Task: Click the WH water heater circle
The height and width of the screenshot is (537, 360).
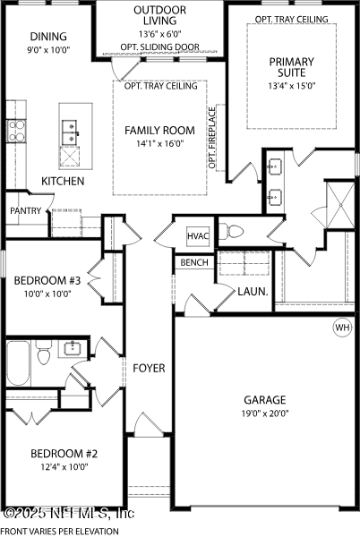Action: [x=342, y=328]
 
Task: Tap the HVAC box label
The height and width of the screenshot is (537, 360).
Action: [x=198, y=236]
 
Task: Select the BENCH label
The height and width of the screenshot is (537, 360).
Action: [x=194, y=262]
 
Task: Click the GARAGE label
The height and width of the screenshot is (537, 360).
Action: [x=265, y=400]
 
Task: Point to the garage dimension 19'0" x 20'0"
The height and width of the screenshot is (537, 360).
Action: [x=265, y=413]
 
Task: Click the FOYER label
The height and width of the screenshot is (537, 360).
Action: [x=149, y=368]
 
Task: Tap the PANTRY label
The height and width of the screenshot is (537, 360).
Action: [x=26, y=210]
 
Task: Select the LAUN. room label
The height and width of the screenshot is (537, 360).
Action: [x=253, y=292]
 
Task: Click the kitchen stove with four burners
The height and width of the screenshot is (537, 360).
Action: [x=16, y=131]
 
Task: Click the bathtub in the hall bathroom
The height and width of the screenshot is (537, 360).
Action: [x=18, y=363]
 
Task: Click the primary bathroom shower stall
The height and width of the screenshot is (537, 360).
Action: [x=340, y=205]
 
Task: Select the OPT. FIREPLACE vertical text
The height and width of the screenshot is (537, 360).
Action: [x=212, y=138]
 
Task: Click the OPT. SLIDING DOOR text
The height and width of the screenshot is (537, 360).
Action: [x=159, y=47]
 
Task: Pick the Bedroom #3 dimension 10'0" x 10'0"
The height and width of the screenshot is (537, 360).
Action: [x=47, y=294]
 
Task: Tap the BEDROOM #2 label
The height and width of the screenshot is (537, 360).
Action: [x=64, y=454]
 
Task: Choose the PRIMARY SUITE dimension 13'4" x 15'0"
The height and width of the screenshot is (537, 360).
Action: [x=292, y=85]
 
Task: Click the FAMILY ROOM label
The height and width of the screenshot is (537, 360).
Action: [x=159, y=130]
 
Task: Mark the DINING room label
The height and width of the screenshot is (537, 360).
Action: [x=48, y=37]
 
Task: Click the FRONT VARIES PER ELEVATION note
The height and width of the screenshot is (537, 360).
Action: [x=60, y=531]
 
